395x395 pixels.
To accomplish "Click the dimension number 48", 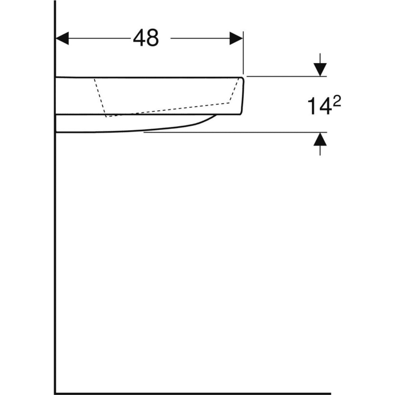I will click(x=146, y=38).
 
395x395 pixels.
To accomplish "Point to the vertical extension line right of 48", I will click(x=243, y=54).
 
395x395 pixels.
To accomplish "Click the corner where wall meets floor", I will click(x=55, y=393).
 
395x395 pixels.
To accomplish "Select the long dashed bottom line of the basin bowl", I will click(x=169, y=110).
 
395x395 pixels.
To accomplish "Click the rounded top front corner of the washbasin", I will click(x=242, y=79).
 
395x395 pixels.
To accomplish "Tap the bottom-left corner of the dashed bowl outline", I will click(x=106, y=116).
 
